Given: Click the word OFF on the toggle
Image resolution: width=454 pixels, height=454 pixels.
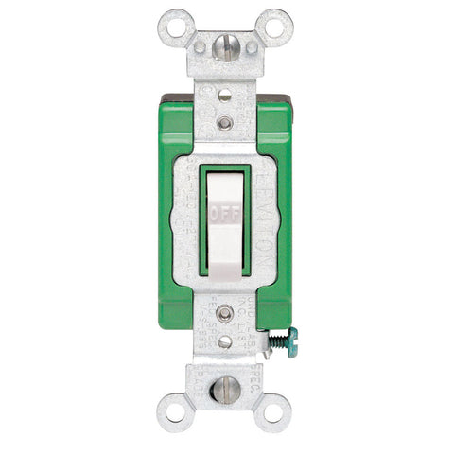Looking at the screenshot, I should click(x=226, y=214).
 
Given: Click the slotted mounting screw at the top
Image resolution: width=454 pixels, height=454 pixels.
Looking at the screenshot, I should click(x=226, y=47).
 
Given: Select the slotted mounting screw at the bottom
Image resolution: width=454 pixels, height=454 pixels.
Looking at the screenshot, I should click(x=226, y=388).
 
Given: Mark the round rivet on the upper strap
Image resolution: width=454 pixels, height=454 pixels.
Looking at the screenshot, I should click(x=225, y=123).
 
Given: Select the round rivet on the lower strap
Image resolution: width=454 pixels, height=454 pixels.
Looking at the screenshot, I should click(x=225, y=312).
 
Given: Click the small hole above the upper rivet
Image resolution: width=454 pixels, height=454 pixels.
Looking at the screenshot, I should click(x=225, y=96).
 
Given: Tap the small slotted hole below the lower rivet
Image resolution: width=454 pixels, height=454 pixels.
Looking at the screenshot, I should click(x=225, y=340).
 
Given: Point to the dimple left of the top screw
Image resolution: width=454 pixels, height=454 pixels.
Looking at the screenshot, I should click(x=200, y=46).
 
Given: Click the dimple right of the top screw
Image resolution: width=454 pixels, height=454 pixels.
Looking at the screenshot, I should click(x=252, y=46).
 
